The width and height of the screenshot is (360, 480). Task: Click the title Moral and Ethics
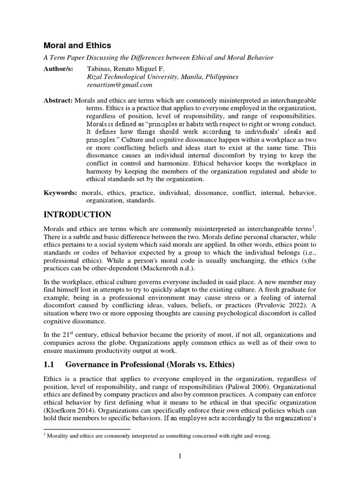tap(77, 45)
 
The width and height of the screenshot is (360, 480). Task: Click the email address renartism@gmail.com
tap(120, 85)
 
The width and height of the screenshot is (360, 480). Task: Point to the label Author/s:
tap(59, 68)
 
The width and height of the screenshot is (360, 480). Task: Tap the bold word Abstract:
tap(58, 101)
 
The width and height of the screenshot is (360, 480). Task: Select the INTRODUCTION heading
tap(77, 215)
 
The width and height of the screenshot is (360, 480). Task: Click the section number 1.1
tap(50, 364)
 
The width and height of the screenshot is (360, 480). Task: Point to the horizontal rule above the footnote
tap(87, 428)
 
